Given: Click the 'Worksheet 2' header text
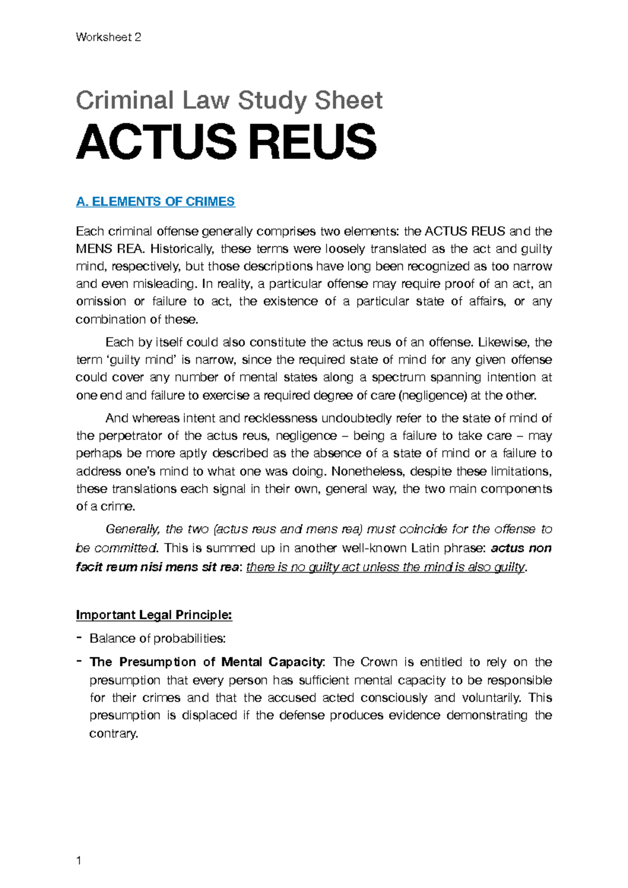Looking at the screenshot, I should [x=108, y=37].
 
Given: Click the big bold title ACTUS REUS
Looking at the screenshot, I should [x=226, y=142].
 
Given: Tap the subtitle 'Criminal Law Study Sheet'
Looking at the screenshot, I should [x=229, y=100].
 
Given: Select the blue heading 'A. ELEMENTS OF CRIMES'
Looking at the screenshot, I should [x=155, y=202].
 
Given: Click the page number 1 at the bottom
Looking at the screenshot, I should [x=79, y=861].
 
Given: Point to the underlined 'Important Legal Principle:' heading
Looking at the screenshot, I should [x=154, y=614].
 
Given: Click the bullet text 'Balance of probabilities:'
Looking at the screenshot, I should [x=158, y=639].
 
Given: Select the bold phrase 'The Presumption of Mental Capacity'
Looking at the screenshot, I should [x=206, y=662].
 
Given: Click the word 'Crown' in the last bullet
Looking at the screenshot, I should [x=379, y=662].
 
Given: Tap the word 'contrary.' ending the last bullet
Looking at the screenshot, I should [x=114, y=733].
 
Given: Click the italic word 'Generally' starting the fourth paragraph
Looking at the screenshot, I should [x=132, y=529].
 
